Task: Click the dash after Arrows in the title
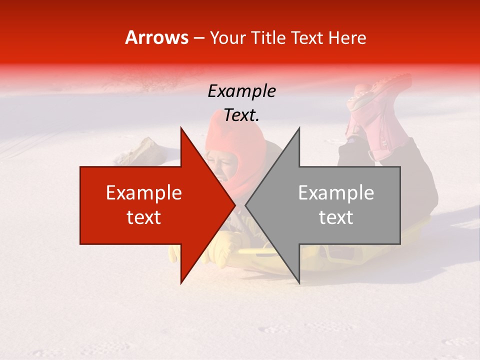[198, 38]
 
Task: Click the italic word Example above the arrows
[241, 91]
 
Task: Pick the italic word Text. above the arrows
[241, 115]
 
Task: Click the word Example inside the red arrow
[144, 193]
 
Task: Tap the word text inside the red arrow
[144, 217]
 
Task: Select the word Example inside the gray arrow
[336, 193]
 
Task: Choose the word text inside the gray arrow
[336, 217]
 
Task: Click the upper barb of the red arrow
[183, 132]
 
